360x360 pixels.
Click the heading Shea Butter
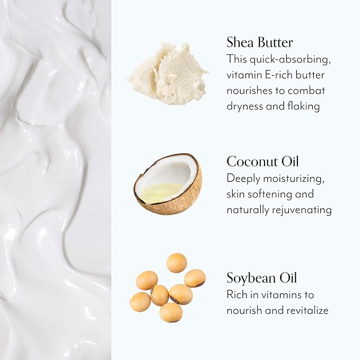coord(260,42)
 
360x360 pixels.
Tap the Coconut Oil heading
coord(262,161)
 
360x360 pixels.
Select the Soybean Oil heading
coord(262,278)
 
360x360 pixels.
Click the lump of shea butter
coord(168,74)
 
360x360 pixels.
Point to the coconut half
coord(168,184)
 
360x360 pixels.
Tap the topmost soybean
coord(177,262)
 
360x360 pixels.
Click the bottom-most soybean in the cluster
coord(171,312)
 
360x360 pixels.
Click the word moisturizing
coord(294,179)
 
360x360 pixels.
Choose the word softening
coord(270,195)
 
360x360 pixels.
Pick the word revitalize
coord(308,311)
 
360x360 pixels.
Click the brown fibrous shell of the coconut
coord(179,205)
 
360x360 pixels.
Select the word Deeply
coord(243,179)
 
